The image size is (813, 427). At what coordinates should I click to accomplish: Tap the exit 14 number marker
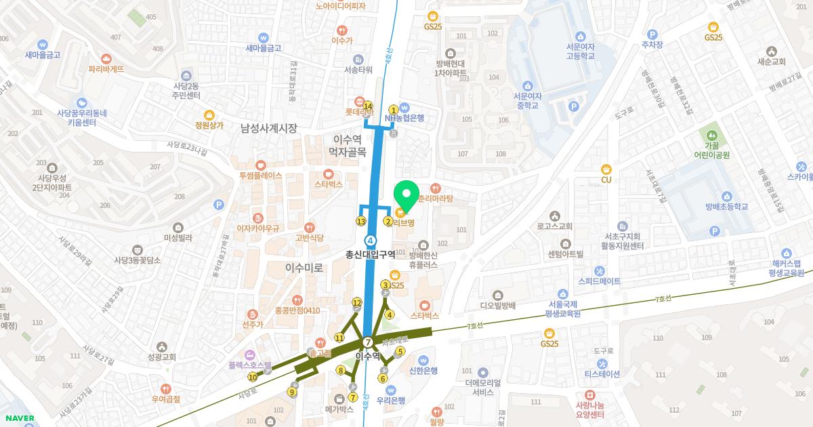(x=368, y=106)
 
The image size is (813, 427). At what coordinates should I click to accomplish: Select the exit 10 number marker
(x=253, y=377)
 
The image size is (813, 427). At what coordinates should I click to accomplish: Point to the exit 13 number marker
(x=361, y=222)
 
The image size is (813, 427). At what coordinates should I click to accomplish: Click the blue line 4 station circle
(x=371, y=240)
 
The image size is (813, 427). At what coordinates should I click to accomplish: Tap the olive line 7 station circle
(x=367, y=342)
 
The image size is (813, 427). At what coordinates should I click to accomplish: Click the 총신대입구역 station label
(x=371, y=254)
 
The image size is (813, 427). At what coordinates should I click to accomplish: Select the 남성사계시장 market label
(x=269, y=127)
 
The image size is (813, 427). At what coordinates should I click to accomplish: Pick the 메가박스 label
(x=339, y=409)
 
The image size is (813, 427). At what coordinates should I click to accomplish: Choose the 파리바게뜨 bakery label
(x=106, y=69)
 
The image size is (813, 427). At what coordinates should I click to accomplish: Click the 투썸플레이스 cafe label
(x=260, y=175)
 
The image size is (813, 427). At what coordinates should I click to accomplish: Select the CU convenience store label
(x=606, y=180)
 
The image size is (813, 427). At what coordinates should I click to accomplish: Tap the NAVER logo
(x=18, y=418)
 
